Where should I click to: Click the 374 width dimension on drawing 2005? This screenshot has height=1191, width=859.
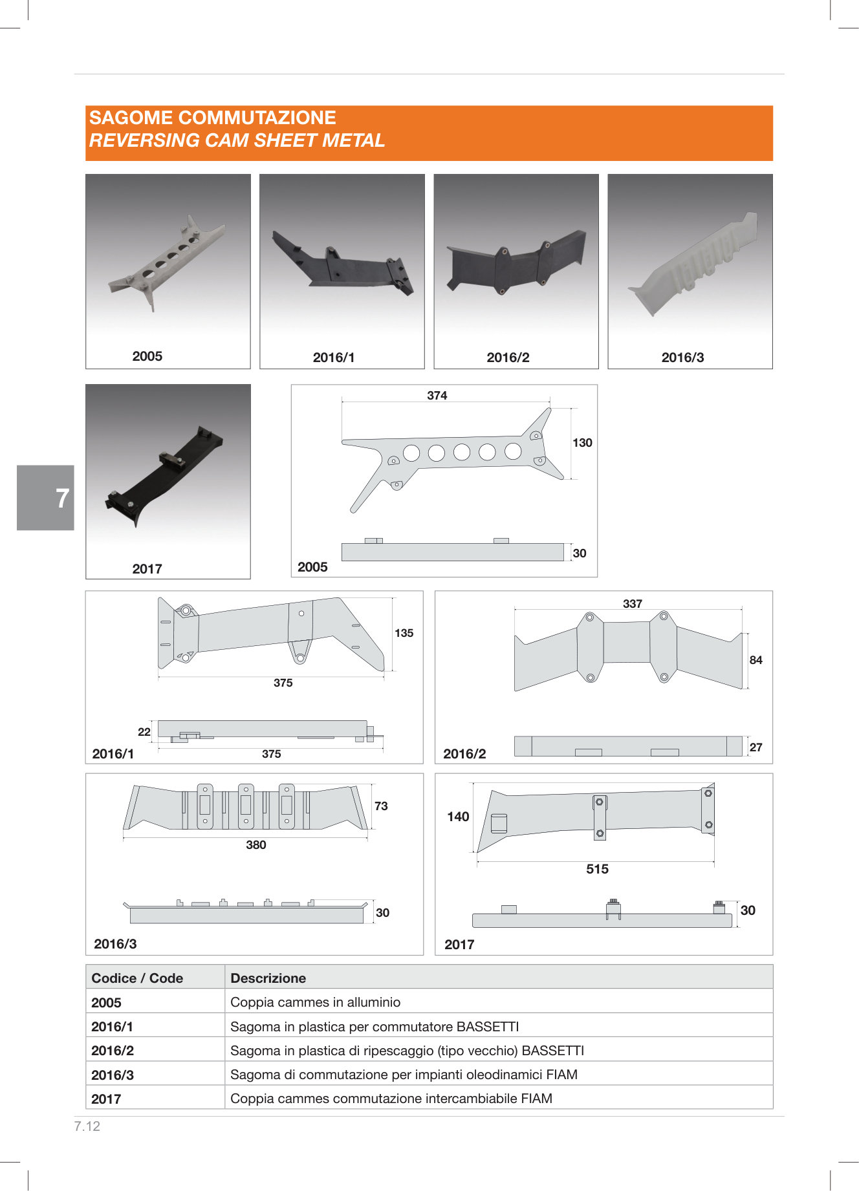(x=437, y=395)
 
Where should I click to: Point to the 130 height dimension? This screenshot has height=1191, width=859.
(x=582, y=443)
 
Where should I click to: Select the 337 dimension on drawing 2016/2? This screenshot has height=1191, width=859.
(x=633, y=603)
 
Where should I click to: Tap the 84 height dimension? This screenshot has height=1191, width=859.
(x=756, y=660)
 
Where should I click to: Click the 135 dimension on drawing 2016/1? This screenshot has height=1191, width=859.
(x=404, y=633)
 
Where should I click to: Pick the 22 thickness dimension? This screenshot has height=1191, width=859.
(x=144, y=732)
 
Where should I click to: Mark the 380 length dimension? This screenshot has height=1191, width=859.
(x=256, y=845)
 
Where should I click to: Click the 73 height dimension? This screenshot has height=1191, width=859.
(x=381, y=806)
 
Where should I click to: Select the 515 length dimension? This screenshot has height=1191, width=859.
(x=598, y=869)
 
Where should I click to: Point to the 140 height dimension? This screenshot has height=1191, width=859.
(x=458, y=817)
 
